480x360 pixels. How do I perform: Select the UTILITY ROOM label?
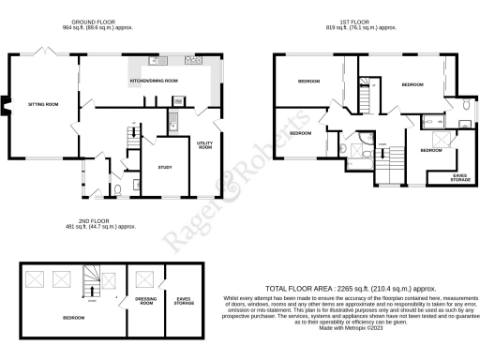pyautogui.click(x=204, y=146)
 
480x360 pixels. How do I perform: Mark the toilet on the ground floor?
pyautogui.click(x=116, y=192)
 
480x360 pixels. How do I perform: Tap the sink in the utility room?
pyautogui.click(x=174, y=117)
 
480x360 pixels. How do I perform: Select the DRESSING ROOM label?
pyautogui.click(x=145, y=303)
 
